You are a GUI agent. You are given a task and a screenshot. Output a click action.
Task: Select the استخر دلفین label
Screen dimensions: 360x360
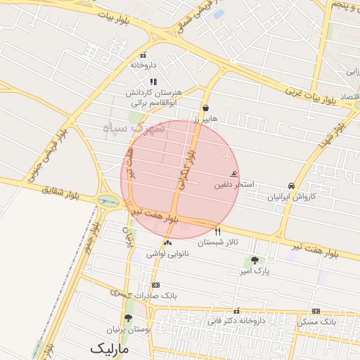click(234, 185)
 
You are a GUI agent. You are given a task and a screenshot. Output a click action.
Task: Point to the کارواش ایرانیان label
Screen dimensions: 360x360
click(291, 198)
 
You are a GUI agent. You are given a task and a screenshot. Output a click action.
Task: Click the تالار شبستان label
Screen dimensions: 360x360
click(218, 243)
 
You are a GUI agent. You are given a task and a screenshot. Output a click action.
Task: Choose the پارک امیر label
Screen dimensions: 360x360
click(255, 271)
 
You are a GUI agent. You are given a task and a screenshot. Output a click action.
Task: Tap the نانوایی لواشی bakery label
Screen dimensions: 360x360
click(167, 254)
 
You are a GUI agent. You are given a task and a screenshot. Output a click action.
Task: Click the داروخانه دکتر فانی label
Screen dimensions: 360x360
click(236, 321)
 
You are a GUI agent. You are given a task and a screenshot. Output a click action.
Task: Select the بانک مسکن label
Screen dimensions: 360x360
click(316, 321)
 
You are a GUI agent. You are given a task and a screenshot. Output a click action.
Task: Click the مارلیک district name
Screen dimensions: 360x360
click(110, 348)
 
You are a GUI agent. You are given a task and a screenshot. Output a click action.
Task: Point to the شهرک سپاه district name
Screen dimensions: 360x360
click(134, 129)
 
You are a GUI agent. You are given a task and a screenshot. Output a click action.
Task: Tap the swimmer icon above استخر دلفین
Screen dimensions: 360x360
click(234, 174)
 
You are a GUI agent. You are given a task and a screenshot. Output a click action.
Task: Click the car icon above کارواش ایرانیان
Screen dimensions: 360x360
click(291, 186)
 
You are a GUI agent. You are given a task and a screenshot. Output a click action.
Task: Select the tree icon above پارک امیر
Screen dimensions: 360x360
click(255, 260)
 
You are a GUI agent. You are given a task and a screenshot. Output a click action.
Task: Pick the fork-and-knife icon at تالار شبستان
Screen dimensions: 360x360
click(217, 231)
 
